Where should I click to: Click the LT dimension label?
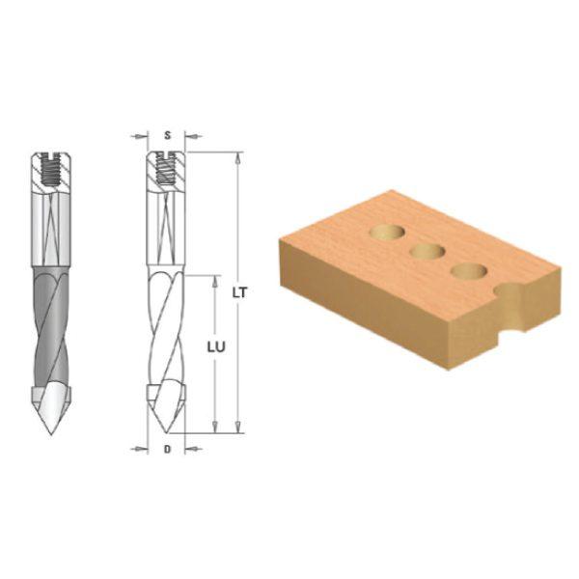[x=239, y=292]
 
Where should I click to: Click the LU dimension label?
[x=216, y=347]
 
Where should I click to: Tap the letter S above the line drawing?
[x=168, y=135]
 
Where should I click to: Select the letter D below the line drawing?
[x=167, y=450]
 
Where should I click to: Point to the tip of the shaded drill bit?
[x=51, y=433]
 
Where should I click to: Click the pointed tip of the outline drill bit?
[x=167, y=432]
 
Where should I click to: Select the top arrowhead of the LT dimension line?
[x=239, y=157]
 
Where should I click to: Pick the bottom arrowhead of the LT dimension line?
[x=239, y=427]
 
